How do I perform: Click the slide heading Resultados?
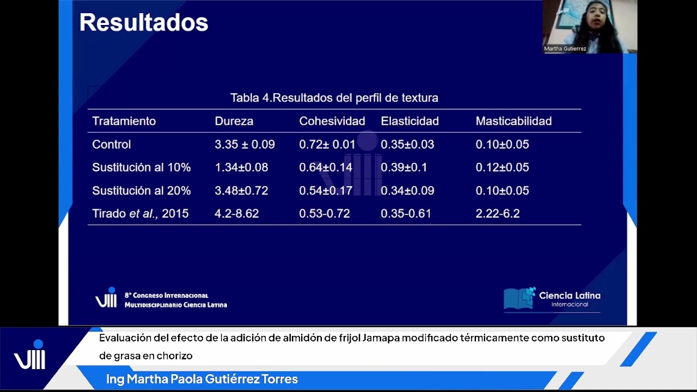tap(144, 23)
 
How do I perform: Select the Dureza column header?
tap(234, 121)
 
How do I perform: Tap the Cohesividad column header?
tap(332, 121)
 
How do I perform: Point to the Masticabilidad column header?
tap(513, 121)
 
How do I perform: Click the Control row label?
tap(112, 144)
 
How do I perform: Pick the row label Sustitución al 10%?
tap(141, 168)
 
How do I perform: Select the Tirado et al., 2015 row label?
tap(140, 213)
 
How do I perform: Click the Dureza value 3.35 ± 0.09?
tap(244, 144)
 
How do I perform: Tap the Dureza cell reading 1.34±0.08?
tap(241, 168)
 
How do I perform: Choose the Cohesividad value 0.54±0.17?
tap(326, 191)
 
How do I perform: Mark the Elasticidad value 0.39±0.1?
tap(403, 168)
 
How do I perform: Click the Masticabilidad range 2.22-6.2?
tap(497, 213)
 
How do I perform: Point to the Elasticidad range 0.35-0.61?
tap(406, 213)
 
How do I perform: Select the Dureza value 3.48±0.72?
tap(241, 191)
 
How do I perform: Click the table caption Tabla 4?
tap(334, 98)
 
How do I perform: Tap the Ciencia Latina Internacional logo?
tap(552, 299)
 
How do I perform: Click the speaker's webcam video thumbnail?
tap(589, 26)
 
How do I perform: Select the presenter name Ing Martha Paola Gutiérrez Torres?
tap(202, 379)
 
